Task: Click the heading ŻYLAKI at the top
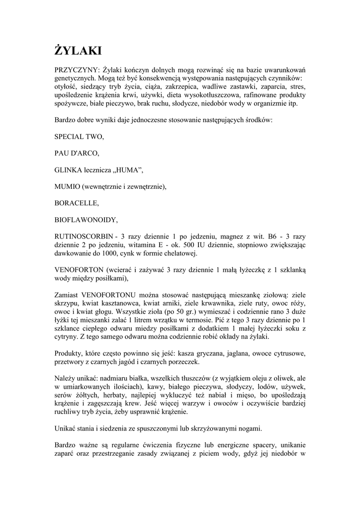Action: (78, 51)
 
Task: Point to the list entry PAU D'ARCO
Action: (77, 153)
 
